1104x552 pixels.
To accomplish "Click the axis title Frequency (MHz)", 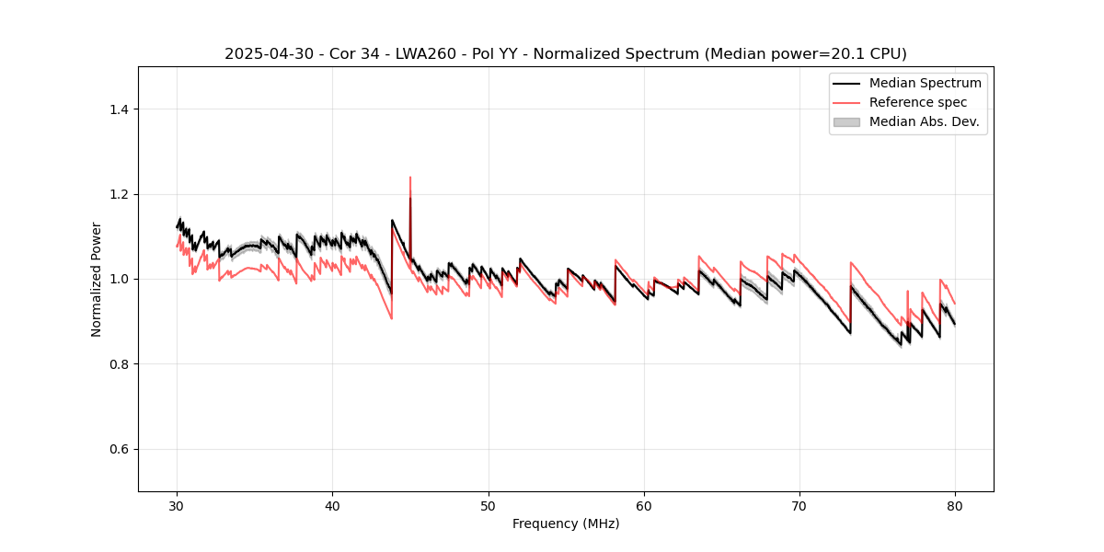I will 566,523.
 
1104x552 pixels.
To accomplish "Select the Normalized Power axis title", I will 97,279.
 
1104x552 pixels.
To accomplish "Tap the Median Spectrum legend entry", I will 925,83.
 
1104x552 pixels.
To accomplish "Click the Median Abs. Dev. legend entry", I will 924,121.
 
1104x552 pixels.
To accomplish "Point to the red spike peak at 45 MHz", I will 410,178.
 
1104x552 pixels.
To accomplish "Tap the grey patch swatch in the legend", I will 846,121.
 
